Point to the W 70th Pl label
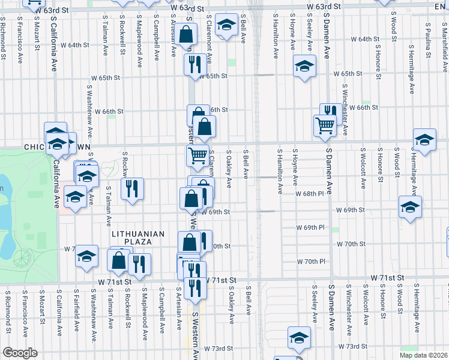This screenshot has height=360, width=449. [311, 262]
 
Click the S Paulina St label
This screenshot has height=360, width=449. [427, 35]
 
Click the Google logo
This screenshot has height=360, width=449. [20, 353]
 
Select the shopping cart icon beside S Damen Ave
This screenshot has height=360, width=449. [325, 126]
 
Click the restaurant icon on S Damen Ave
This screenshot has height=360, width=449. [330, 112]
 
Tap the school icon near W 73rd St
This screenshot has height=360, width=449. [298, 337]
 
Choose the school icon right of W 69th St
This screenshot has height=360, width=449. [410, 207]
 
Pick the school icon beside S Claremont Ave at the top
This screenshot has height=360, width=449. [226, 26]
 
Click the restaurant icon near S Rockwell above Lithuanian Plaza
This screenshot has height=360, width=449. [131, 188]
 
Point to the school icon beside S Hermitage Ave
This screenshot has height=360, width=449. [424, 140]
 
